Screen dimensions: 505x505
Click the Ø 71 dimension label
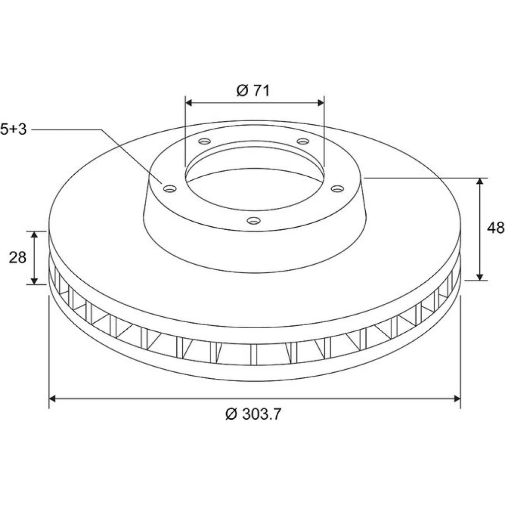[253, 90]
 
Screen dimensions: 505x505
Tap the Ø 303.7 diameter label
[253, 414]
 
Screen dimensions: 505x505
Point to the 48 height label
[495, 228]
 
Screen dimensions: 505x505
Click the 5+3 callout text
[14, 129]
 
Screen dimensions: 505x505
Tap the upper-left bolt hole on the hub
[204, 141]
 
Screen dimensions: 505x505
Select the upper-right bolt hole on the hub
[302, 141]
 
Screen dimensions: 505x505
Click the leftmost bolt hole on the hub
[170, 188]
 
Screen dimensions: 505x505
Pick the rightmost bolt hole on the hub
[337, 188]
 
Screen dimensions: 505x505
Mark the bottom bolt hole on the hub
[254, 221]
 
